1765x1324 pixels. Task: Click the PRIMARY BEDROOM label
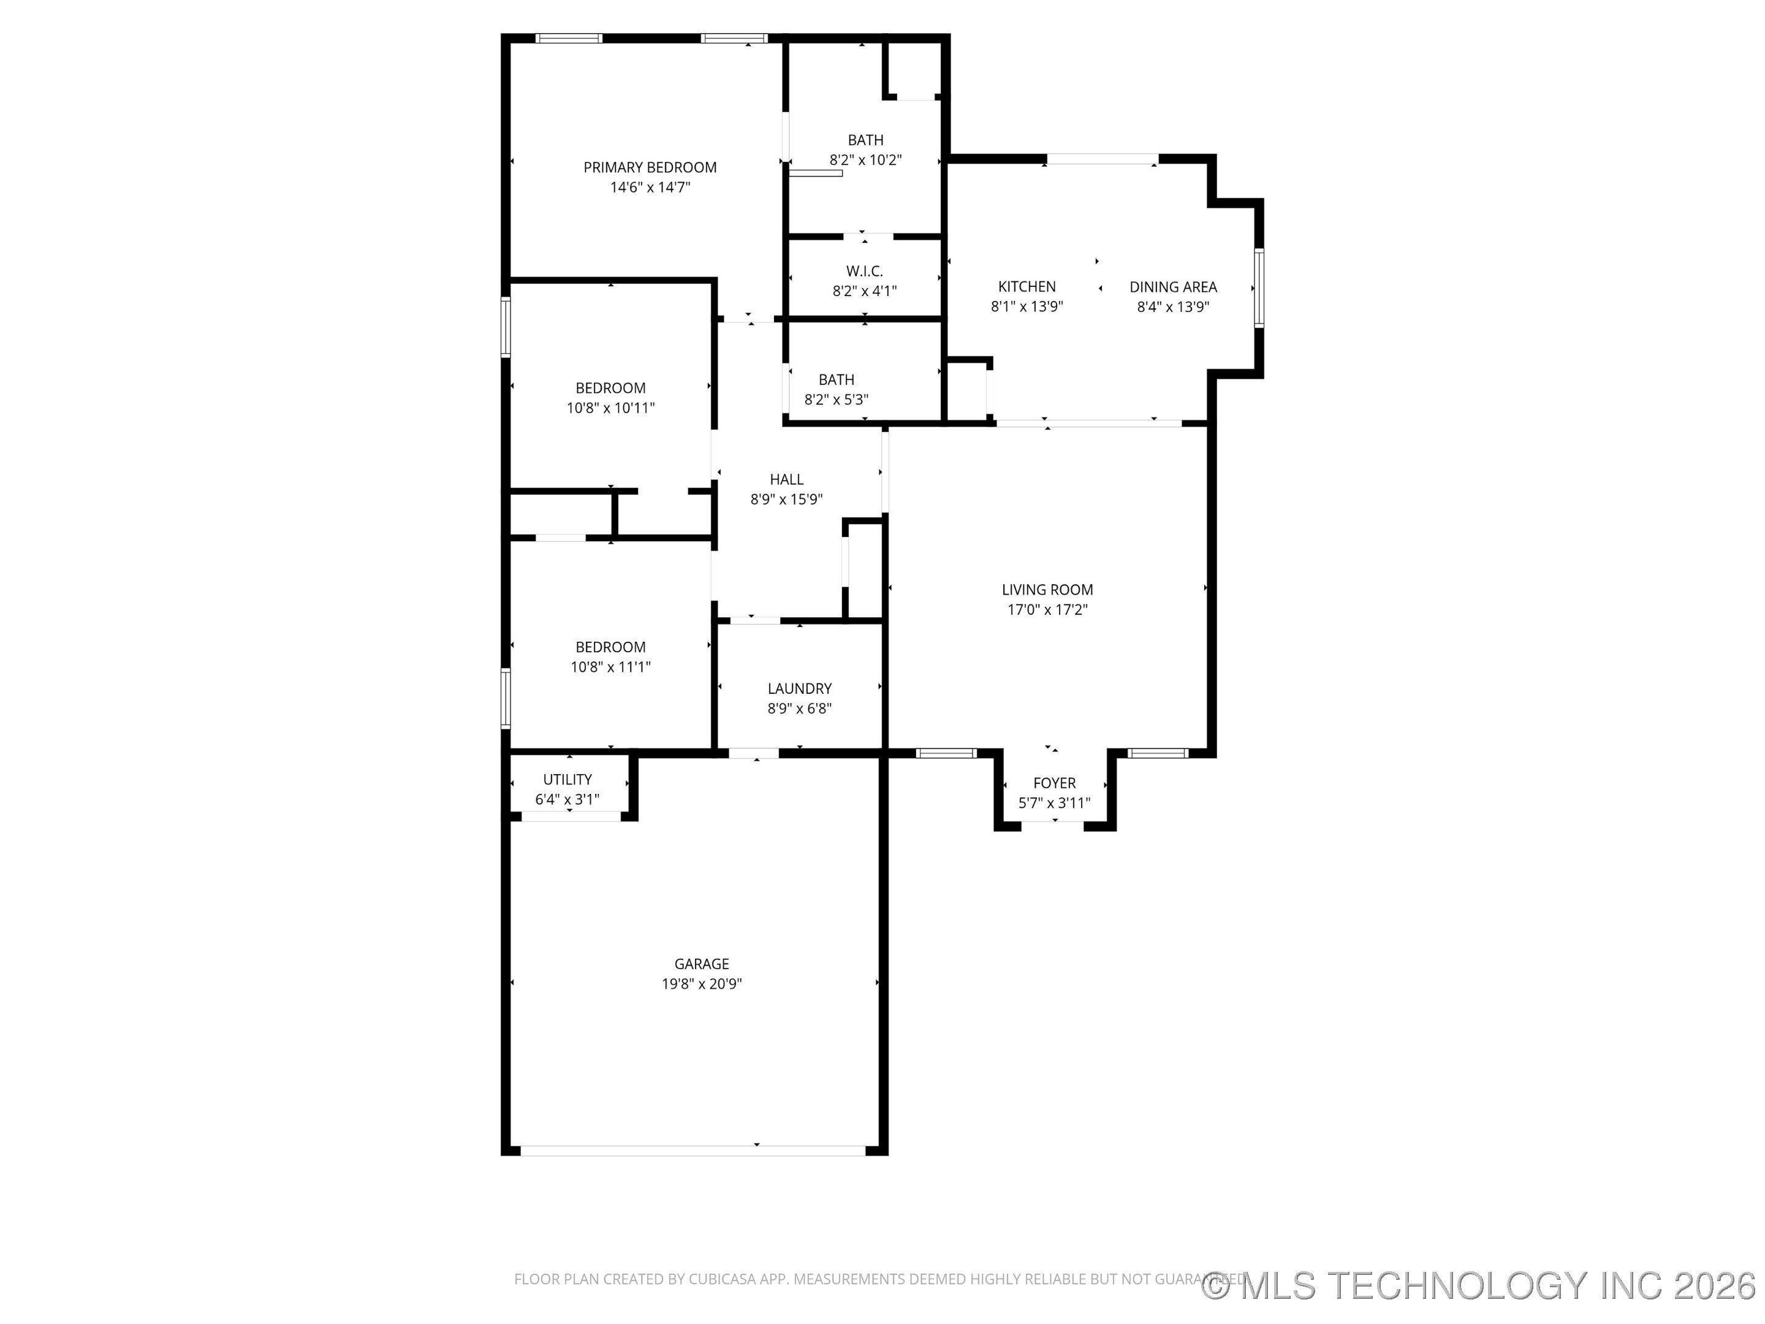tap(650, 167)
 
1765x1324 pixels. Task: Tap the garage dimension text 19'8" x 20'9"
tap(701, 984)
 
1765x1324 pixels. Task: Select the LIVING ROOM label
tap(1047, 590)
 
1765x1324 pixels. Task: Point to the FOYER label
tap(1054, 783)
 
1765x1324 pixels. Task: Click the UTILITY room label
tap(567, 780)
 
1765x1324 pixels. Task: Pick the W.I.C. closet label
tap(864, 272)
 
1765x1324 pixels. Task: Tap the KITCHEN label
tap(1026, 286)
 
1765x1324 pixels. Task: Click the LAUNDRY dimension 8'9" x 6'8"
tap(800, 709)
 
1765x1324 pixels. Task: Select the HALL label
tap(786, 479)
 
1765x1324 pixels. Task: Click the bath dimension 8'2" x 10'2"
tap(865, 159)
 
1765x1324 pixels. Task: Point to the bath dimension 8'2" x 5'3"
tap(835, 400)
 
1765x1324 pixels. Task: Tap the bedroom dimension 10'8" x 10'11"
tap(610, 408)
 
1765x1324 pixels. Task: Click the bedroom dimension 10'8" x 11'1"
tap(610, 667)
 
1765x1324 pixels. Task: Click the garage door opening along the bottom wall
tap(693, 1150)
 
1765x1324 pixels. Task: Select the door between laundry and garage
tap(753, 753)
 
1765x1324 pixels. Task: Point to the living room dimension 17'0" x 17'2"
tap(1047, 610)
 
